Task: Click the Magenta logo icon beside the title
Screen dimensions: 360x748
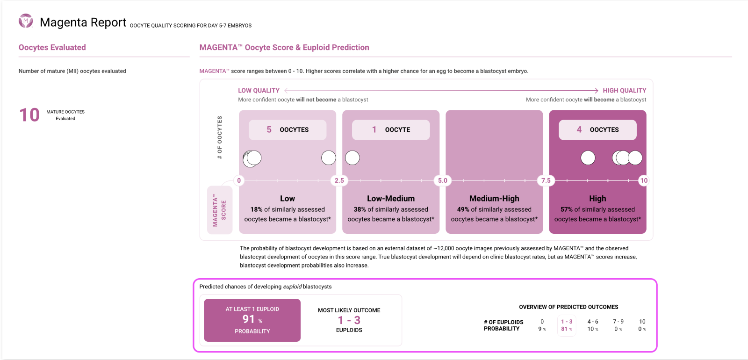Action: pos(26,21)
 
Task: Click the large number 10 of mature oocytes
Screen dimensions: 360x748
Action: pos(29,115)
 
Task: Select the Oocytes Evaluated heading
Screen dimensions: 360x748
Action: pos(52,47)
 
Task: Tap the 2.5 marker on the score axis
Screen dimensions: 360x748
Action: pos(339,180)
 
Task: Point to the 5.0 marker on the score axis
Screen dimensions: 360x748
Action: pos(442,180)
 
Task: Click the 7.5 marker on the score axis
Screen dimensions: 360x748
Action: pos(546,180)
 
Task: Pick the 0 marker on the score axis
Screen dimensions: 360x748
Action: pos(239,180)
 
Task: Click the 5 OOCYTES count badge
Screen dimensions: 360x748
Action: pos(287,130)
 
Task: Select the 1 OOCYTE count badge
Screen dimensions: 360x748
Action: pos(390,130)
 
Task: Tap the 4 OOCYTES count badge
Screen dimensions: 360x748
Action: pos(597,130)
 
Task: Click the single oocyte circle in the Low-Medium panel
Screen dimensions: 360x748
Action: pos(352,158)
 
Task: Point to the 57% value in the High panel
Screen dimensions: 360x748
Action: pos(567,209)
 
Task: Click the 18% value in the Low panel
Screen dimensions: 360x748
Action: pos(256,209)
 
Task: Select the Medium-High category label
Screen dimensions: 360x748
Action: pos(494,198)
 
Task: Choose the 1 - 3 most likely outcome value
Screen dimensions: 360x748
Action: pos(349,320)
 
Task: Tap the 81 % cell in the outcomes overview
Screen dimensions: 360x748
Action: pos(567,329)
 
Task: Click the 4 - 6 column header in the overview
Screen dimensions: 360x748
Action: pos(593,322)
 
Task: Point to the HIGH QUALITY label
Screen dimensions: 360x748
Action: pos(624,90)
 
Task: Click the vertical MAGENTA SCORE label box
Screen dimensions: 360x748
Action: pos(220,210)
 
